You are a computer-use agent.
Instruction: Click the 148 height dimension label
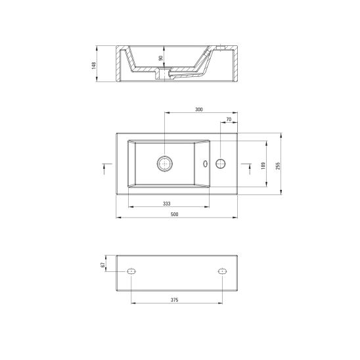93,66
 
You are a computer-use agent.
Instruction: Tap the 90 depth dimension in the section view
161,58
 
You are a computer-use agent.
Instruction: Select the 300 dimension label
199,110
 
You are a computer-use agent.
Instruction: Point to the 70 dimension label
229,120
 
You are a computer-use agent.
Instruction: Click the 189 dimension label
263,166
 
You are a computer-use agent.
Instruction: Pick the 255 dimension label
278,166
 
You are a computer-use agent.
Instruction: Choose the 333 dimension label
167,204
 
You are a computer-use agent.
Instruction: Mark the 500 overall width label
175,214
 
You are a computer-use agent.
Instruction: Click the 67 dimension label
102,265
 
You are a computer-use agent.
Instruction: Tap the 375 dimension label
175,300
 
